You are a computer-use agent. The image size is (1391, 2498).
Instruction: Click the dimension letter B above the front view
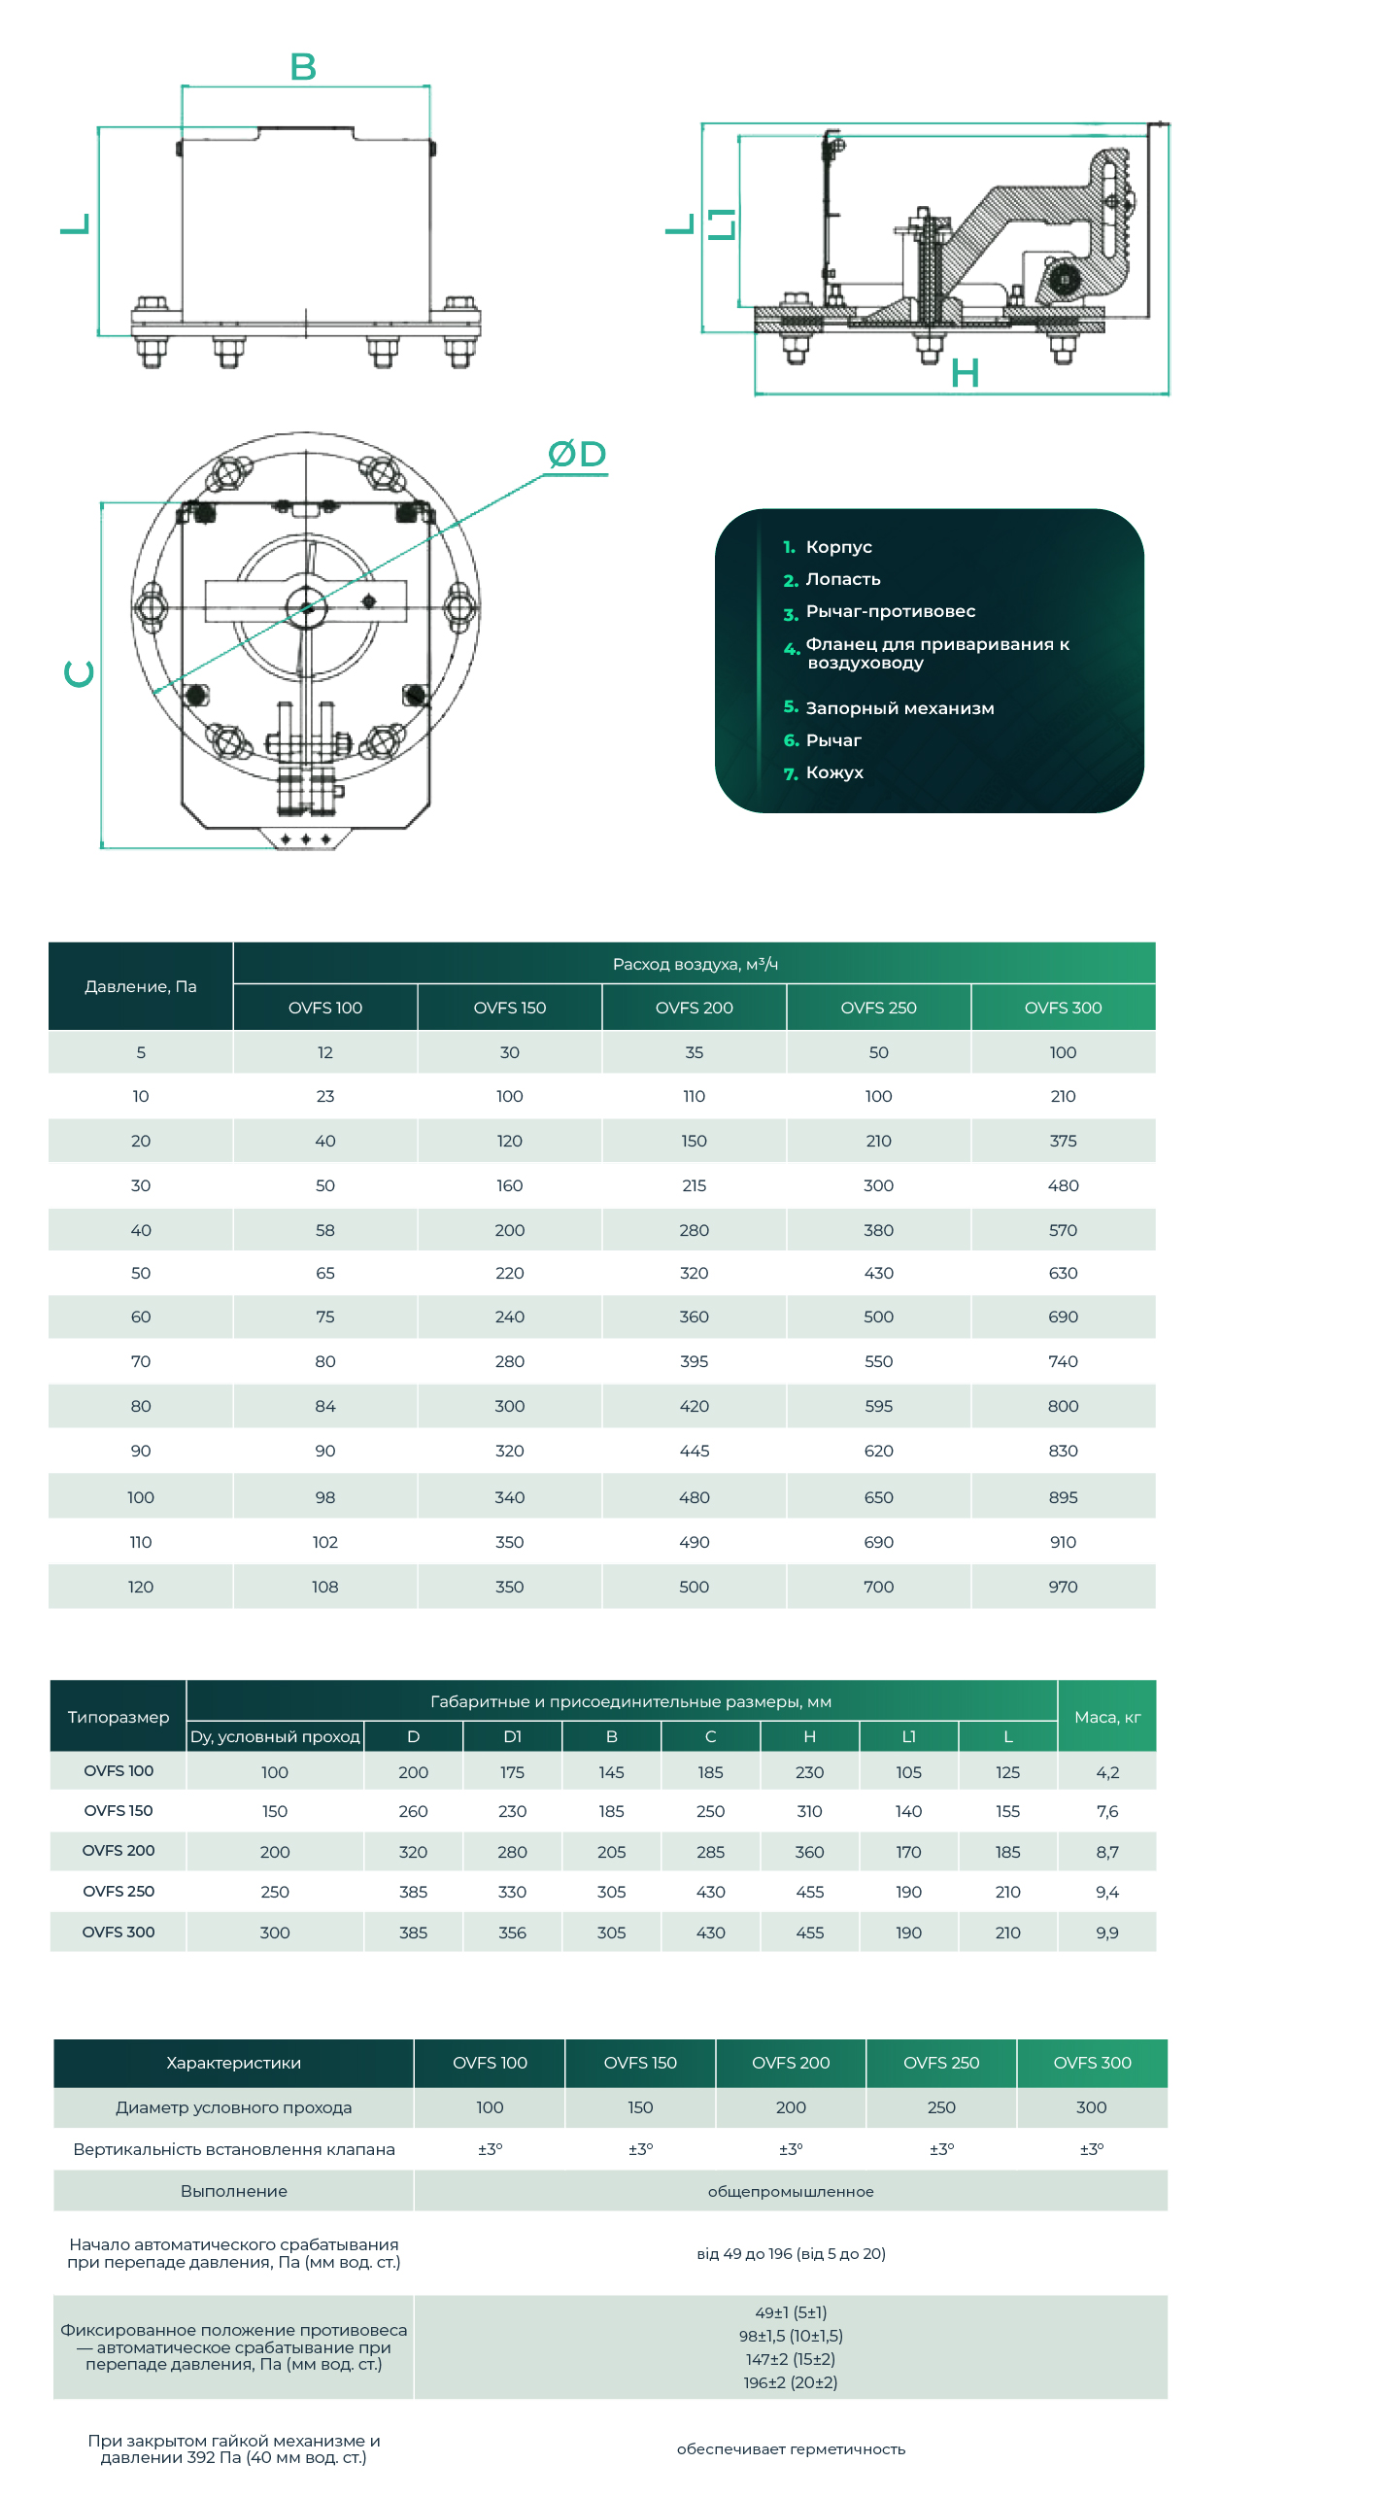pyautogui.click(x=303, y=67)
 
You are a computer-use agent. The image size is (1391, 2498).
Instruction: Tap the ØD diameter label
pyautogui.click(x=577, y=454)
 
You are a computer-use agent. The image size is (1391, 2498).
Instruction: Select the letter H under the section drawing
pyautogui.click(x=965, y=373)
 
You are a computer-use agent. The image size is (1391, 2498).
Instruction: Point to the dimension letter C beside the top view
pyautogui.click(x=79, y=673)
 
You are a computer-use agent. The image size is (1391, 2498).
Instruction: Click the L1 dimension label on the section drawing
pyautogui.click(x=721, y=224)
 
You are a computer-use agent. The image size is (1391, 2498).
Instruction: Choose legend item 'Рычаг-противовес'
pyautogui.click(x=890, y=611)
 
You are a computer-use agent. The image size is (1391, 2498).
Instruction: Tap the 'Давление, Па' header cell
pyautogui.click(x=141, y=986)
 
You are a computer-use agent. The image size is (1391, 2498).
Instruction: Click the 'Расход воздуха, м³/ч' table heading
pyautogui.click(x=695, y=964)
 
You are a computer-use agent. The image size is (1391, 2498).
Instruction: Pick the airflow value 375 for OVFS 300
pyautogui.click(x=1063, y=1141)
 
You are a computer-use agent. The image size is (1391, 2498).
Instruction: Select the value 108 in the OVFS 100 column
pyautogui.click(x=324, y=1587)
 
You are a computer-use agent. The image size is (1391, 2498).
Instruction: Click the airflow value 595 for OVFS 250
pyautogui.click(x=878, y=1406)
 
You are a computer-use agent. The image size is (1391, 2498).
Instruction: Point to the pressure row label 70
pyautogui.click(x=141, y=1361)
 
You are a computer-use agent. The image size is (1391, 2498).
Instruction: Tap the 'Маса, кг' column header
pyautogui.click(x=1107, y=1717)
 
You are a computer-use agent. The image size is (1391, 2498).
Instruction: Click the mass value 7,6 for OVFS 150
pyautogui.click(x=1107, y=1811)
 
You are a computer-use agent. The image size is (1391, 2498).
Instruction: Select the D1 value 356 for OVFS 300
pyautogui.click(x=512, y=1933)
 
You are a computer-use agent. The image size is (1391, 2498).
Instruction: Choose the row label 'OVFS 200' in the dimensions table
pyautogui.click(x=119, y=1850)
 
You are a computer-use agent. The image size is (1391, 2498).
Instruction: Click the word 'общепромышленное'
pyautogui.click(x=791, y=2191)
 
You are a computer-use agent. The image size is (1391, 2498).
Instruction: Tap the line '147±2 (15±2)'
pyautogui.click(x=791, y=2359)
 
